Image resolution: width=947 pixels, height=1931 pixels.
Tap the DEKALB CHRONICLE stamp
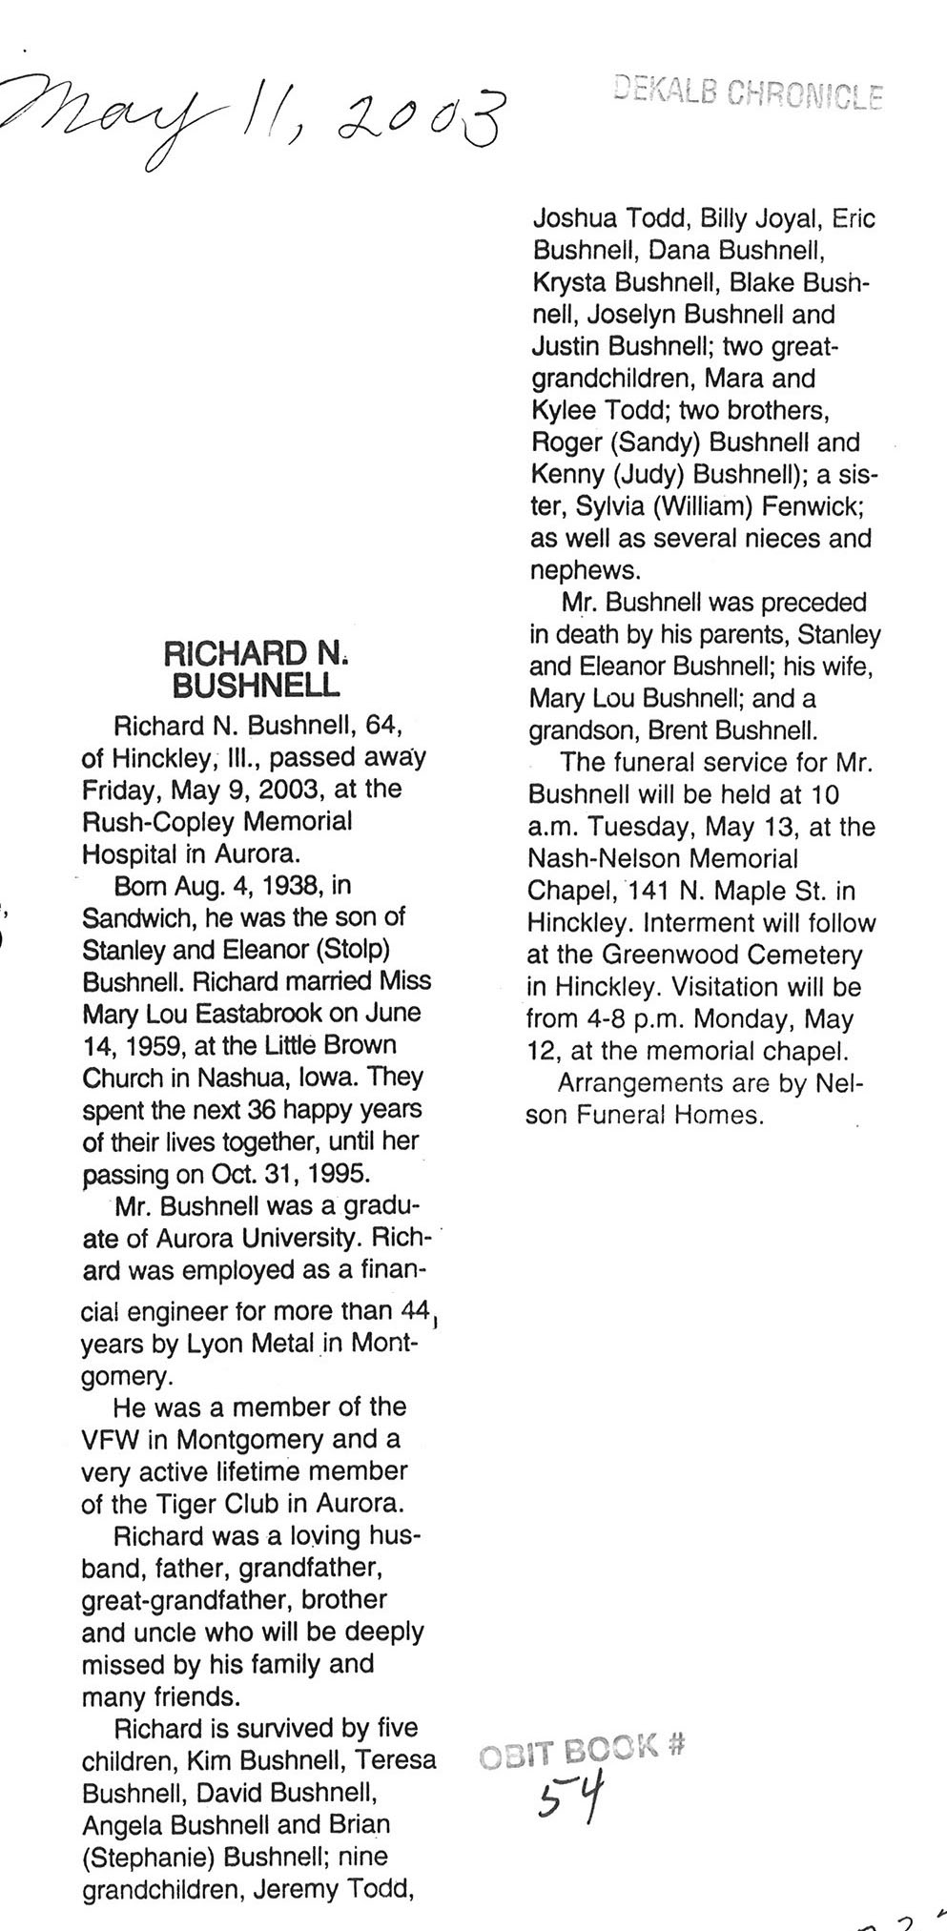pyautogui.click(x=749, y=92)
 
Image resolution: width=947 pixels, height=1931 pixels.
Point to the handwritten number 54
pyautogui.click(x=570, y=1796)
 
